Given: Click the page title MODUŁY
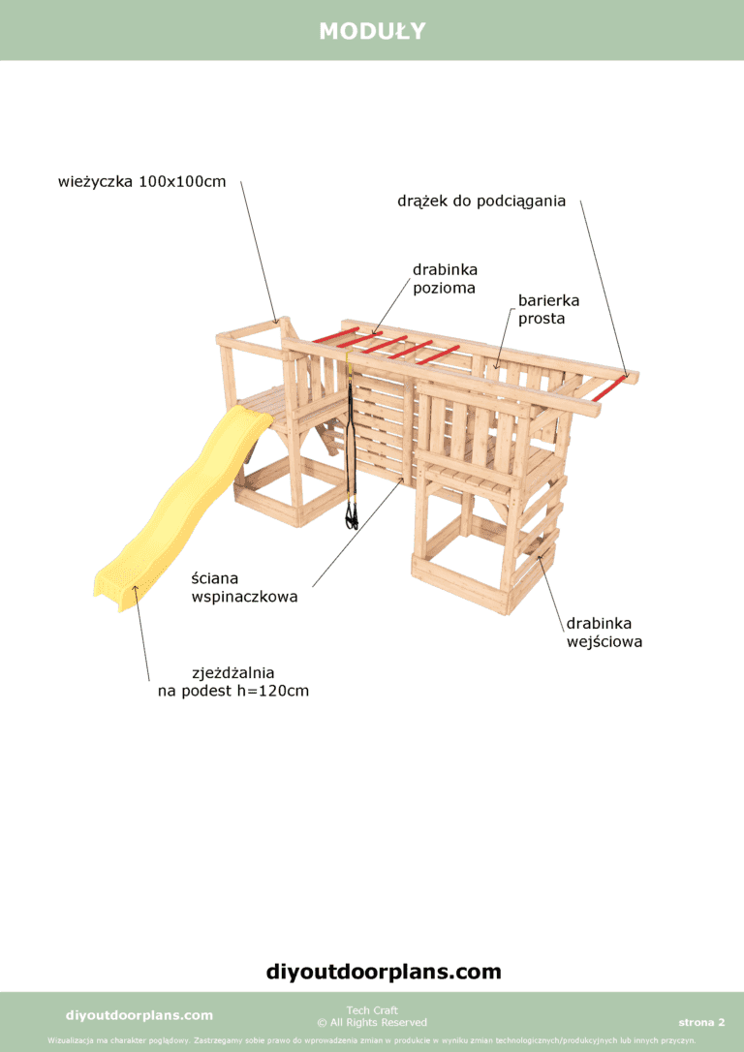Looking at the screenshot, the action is pyautogui.click(x=372, y=31).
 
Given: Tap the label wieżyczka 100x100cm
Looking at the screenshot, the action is pyautogui.click(x=142, y=182).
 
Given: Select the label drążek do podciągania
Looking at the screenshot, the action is pyautogui.click(x=481, y=201).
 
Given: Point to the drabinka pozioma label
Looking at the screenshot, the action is pyautogui.click(x=445, y=279).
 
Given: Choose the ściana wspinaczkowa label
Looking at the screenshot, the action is pyautogui.click(x=244, y=587).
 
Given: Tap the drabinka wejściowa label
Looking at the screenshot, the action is pyautogui.click(x=604, y=633).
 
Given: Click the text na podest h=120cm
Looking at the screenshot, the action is pyautogui.click(x=233, y=691).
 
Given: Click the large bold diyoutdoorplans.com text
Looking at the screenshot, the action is pyautogui.click(x=384, y=972).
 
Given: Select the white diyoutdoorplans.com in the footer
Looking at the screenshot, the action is pyautogui.click(x=139, y=1015).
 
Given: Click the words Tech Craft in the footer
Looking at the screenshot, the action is pyautogui.click(x=372, y=1009).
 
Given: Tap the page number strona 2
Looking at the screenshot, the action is pyautogui.click(x=701, y=1023).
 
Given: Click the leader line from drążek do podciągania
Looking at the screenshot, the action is pyautogui.click(x=604, y=289).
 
